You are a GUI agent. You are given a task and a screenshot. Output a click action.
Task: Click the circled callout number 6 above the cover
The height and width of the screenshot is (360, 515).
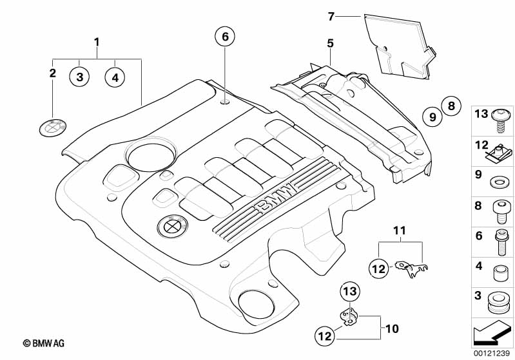pyautogui.click(x=225, y=37)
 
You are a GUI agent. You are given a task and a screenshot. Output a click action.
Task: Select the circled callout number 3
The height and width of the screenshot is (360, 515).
pyautogui.click(x=80, y=77)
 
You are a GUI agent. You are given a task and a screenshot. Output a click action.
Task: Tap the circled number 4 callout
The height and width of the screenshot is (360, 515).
pyautogui.click(x=115, y=77)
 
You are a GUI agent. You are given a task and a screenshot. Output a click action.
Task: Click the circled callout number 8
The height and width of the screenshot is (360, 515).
pyautogui.click(x=451, y=106)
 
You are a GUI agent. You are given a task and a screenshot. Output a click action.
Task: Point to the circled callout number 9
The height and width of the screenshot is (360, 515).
pyautogui.click(x=432, y=117)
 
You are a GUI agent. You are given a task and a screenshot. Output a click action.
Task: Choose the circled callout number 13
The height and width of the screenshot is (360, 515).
pyautogui.click(x=350, y=291)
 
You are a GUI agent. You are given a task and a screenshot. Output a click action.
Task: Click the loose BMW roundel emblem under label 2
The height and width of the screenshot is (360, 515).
pyautogui.click(x=53, y=128)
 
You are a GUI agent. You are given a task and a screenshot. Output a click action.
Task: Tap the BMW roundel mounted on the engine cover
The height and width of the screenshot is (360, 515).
pyautogui.click(x=173, y=226)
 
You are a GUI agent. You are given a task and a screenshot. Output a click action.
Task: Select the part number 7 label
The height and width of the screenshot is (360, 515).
pyautogui.click(x=331, y=16)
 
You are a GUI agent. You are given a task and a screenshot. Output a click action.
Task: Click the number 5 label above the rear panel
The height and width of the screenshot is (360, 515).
pyautogui.click(x=330, y=43)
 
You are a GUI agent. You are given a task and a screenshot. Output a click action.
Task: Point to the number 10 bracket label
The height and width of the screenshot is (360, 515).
pyautogui.click(x=392, y=328)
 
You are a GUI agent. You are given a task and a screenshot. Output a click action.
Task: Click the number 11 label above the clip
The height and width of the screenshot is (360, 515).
pyautogui.click(x=400, y=231)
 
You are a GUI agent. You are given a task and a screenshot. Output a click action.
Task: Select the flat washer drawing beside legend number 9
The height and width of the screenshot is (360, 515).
pyautogui.click(x=498, y=183)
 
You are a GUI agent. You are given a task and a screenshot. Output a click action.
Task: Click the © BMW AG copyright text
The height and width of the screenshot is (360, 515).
pyautogui.click(x=44, y=343)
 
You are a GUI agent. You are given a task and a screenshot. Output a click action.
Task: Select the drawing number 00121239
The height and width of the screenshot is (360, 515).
pyautogui.click(x=492, y=353)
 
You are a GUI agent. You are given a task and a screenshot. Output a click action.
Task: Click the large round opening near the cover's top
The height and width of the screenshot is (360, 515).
pyautogui.click(x=151, y=155)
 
